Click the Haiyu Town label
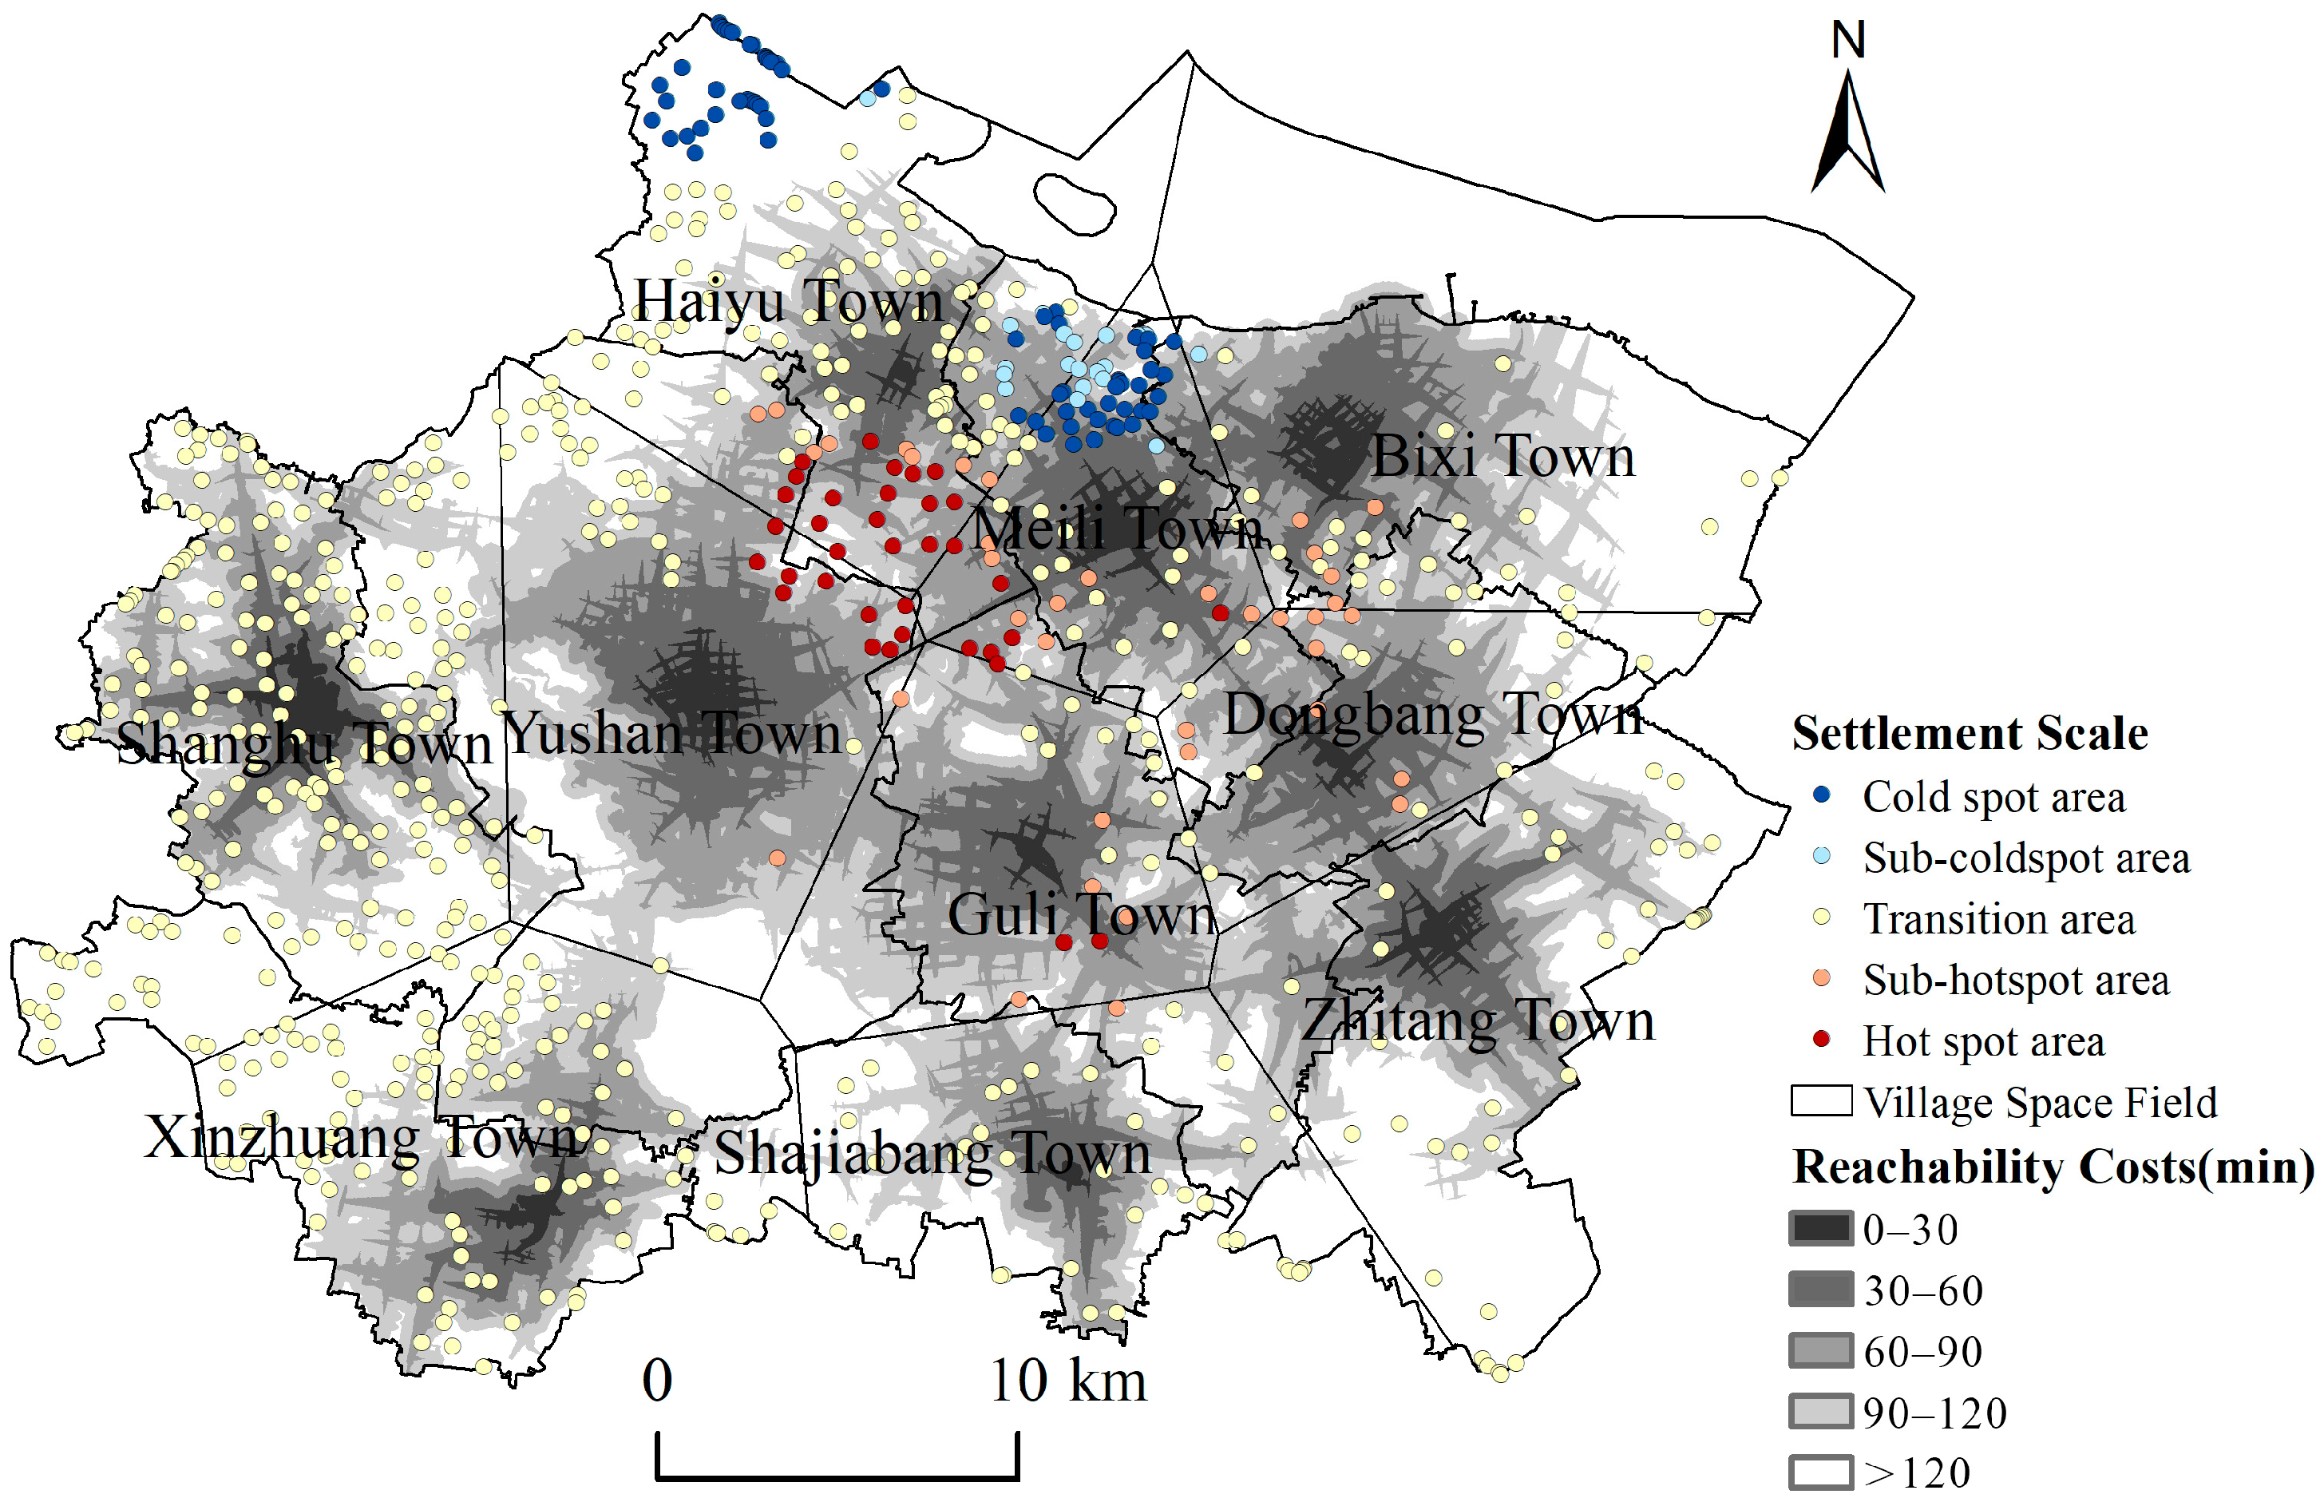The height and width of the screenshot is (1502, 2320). tap(788, 300)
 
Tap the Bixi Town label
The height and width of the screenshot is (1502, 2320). tap(1502, 456)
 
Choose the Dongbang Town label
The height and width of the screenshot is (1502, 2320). tap(1433, 715)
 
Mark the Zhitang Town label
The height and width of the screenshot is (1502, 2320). tap(1479, 1021)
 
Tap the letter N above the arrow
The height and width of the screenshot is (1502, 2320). tap(1848, 41)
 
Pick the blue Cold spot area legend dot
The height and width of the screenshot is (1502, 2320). tap(1821, 795)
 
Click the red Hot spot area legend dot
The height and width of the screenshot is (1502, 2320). tap(1821, 1039)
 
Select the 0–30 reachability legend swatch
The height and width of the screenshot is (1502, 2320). tap(1820, 1228)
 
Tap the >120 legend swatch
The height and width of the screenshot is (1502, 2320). tap(1820, 1472)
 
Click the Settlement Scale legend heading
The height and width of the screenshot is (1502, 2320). tap(1969, 733)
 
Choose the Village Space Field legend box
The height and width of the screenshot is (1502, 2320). tap(1820, 1100)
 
